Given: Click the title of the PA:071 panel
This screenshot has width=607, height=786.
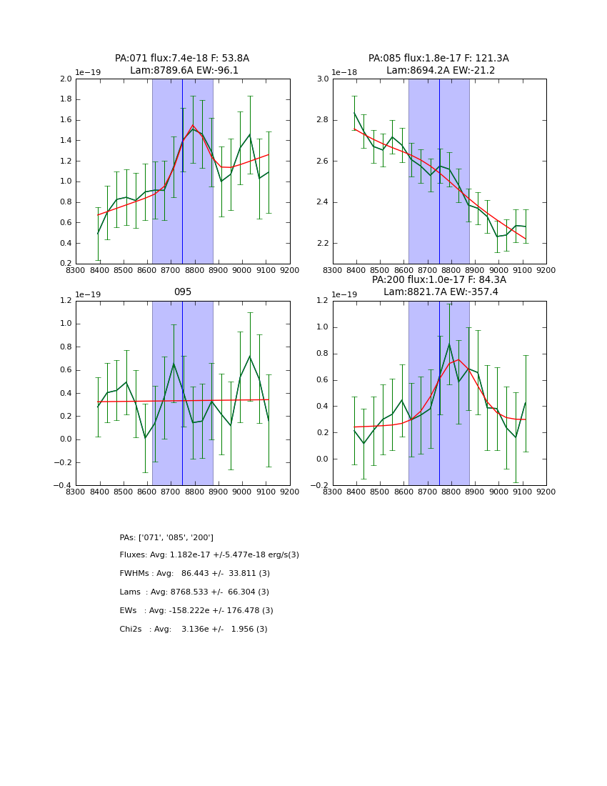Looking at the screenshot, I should (182, 64).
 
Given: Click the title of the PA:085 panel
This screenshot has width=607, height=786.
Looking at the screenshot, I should (439, 64).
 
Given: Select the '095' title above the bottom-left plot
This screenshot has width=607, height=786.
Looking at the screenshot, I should (182, 292).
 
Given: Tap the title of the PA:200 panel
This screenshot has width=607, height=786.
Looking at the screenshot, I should (439, 286).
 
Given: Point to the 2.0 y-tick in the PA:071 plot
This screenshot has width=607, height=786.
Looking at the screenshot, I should (65, 79).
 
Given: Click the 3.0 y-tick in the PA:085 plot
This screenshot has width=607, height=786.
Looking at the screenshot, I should (322, 79).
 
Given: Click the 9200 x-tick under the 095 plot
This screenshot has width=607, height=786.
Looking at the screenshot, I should (289, 492).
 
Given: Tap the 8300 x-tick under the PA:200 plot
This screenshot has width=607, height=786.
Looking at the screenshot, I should (333, 492).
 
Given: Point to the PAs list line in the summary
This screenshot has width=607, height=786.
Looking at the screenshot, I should (166, 537).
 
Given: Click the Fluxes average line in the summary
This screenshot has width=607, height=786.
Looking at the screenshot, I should (209, 555).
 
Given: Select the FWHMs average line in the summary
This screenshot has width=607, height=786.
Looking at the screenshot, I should (194, 574).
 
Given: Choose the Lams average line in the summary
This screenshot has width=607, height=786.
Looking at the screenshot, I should (194, 592).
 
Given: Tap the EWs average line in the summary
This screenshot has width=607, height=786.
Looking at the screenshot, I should (196, 611).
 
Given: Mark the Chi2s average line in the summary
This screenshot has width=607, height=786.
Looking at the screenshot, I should (194, 630).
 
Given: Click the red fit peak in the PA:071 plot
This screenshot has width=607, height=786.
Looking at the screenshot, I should (193, 125).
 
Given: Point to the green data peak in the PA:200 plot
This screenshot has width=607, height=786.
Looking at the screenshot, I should (449, 344).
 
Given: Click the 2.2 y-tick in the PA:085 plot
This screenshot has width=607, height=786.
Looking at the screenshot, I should (322, 244).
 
